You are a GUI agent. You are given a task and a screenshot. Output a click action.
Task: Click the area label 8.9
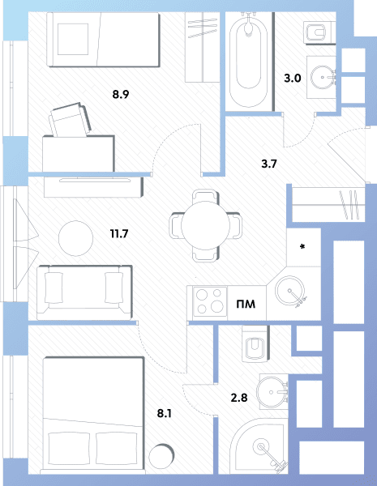(x=121, y=94)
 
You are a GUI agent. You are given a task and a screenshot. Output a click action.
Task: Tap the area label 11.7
(x=119, y=233)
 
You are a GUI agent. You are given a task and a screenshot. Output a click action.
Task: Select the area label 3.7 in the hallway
(x=269, y=164)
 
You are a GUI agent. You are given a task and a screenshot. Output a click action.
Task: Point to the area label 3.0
(x=293, y=78)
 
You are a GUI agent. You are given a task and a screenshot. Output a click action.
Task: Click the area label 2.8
(x=239, y=398)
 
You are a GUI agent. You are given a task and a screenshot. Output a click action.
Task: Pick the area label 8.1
(x=165, y=413)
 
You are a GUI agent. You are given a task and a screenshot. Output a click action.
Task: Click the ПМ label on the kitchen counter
(x=246, y=304)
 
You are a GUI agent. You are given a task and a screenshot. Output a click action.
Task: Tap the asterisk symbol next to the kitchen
(x=302, y=247)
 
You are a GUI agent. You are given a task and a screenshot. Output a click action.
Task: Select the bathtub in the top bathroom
(x=249, y=61)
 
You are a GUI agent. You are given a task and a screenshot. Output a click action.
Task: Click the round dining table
(x=205, y=226)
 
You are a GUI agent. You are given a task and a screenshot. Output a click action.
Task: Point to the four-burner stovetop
(x=210, y=302)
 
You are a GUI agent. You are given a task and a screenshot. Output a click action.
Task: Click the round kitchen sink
(x=289, y=292)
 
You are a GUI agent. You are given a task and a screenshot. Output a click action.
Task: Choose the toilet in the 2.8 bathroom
(x=255, y=344)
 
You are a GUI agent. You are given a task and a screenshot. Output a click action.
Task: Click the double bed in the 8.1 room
(x=93, y=416)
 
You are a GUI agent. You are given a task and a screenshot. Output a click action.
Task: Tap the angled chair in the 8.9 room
(x=70, y=120)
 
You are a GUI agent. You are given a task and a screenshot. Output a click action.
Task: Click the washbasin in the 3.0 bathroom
(x=323, y=78)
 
